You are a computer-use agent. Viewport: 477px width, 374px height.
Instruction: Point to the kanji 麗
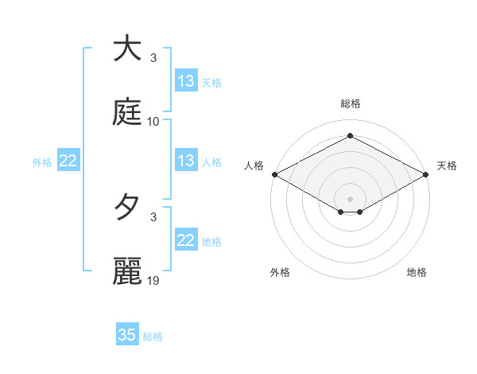[x=127, y=271]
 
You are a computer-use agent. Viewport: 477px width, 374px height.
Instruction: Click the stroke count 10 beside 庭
[x=153, y=122]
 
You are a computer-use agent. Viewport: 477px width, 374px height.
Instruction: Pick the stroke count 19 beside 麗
[x=153, y=282]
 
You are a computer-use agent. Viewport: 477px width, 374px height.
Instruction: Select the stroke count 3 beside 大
[x=153, y=58]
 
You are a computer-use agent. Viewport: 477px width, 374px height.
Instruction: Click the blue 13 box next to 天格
[x=186, y=81]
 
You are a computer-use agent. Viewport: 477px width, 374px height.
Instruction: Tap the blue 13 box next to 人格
[x=186, y=161]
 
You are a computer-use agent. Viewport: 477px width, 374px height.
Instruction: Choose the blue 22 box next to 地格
[x=186, y=240]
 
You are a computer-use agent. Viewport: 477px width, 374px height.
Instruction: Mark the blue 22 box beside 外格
[x=68, y=161]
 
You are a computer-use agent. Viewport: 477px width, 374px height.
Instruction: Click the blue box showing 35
[x=127, y=335]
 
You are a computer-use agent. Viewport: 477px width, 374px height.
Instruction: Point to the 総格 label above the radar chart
[x=351, y=103]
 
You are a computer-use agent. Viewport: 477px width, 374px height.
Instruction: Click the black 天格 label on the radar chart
[x=447, y=166]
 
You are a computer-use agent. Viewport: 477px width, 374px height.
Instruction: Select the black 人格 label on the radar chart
[x=254, y=166]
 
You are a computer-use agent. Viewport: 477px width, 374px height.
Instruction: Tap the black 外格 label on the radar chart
[x=280, y=272]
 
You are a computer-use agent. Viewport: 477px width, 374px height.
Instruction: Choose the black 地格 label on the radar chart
[x=417, y=272]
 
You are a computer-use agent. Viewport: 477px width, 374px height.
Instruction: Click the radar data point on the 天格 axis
[x=427, y=174]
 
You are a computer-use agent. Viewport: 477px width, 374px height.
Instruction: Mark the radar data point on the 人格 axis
[x=274, y=174]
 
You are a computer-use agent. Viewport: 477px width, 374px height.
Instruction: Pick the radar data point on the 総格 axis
[x=351, y=136]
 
